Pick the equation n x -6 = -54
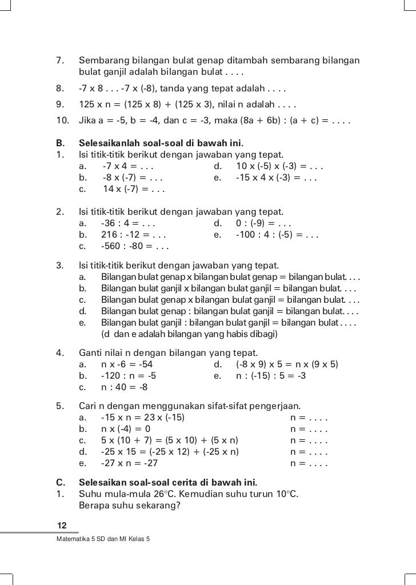pyautogui.click(x=127, y=364)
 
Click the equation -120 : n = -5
pyautogui.click(x=128, y=376)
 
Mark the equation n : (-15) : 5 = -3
pyautogui.click(x=271, y=376)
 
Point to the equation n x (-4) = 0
pyautogui.click(x=126, y=428)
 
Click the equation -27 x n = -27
pyautogui.click(x=129, y=463)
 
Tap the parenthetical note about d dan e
pyautogui.click(x=189, y=334)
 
